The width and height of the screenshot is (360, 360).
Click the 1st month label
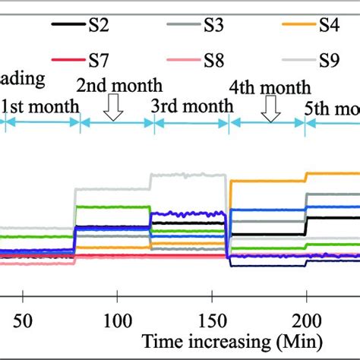(x=39, y=105)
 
